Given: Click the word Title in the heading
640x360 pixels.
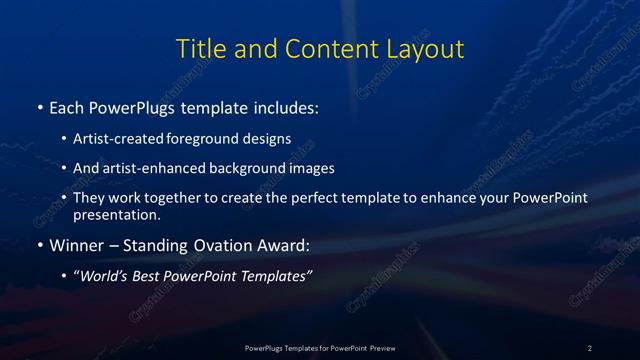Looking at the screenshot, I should (198, 48).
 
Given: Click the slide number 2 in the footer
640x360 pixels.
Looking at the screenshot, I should (590, 347).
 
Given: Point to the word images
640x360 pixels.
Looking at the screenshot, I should (306, 168).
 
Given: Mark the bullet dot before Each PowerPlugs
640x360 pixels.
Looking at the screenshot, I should (39, 106).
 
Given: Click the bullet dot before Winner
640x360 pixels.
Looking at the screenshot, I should (39, 244).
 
